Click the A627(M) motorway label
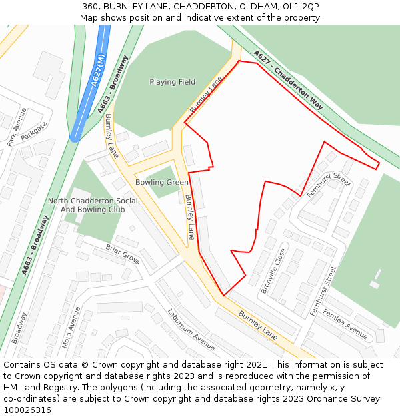pos(97,67)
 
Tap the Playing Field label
pos(172,82)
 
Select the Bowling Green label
pos(162,182)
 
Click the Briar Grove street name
pos(122,254)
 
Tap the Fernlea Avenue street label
pos(345,323)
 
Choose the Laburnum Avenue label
pos(191,329)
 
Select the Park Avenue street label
pos(16,127)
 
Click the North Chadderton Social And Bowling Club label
pos(93,205)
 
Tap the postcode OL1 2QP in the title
pos(301,7)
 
